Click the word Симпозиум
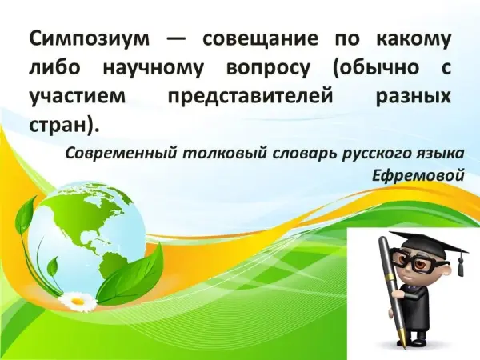[x=90, y=39]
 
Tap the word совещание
[x=260, y=39]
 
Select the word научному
[x=153, y=68]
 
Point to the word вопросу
[x=268, y=69]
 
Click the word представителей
[x=250, y=96]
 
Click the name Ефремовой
[x=418, y=175]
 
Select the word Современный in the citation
[x=122, y=154]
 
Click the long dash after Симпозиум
[x=176, y=40]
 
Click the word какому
[x=414, y=39]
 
